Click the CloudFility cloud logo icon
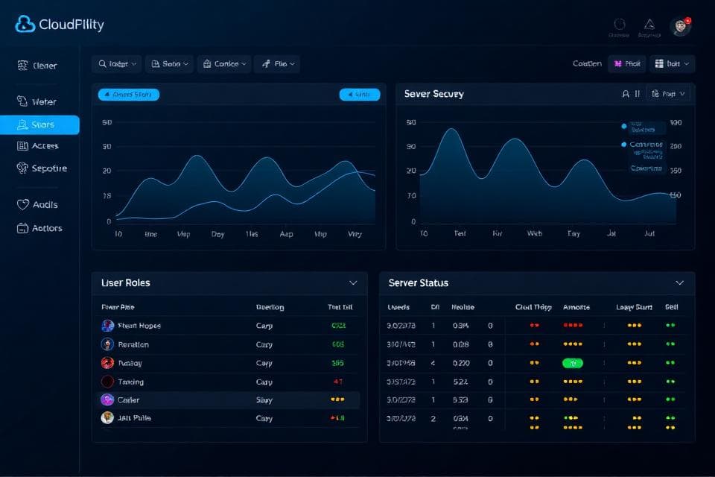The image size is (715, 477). click(25, 25)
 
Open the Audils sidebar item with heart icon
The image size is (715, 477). click(37, 204)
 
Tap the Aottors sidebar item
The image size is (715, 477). click(39, 228)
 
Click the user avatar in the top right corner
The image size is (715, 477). click(680, 27)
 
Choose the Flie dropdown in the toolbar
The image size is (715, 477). click(277, 64)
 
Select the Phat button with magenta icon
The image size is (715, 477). click(627, 64)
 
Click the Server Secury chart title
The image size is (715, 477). click(433, 94)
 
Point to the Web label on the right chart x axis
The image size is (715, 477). click(535, 233)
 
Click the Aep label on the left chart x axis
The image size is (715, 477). click(286, 234)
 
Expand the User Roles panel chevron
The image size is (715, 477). click(353, 283)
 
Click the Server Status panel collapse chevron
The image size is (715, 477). click(679, 283)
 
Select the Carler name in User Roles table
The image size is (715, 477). click(128, 400)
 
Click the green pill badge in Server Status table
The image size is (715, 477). click(573, 363)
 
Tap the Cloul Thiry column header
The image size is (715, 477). click(533, 307)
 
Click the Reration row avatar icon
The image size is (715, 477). click(107, 344)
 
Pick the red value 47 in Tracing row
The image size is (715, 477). click(337, 382)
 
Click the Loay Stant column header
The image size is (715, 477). click(634, 307)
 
